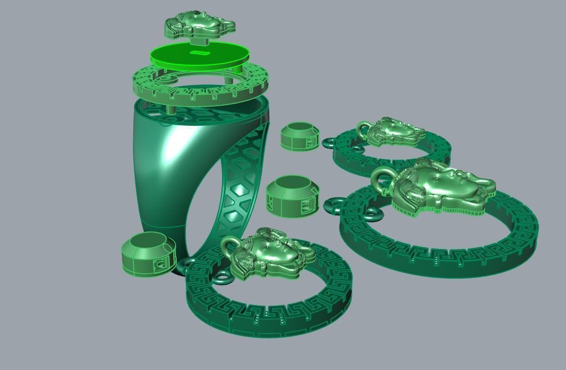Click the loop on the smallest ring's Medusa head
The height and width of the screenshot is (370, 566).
pyautogui.click(x=363, y=127)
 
